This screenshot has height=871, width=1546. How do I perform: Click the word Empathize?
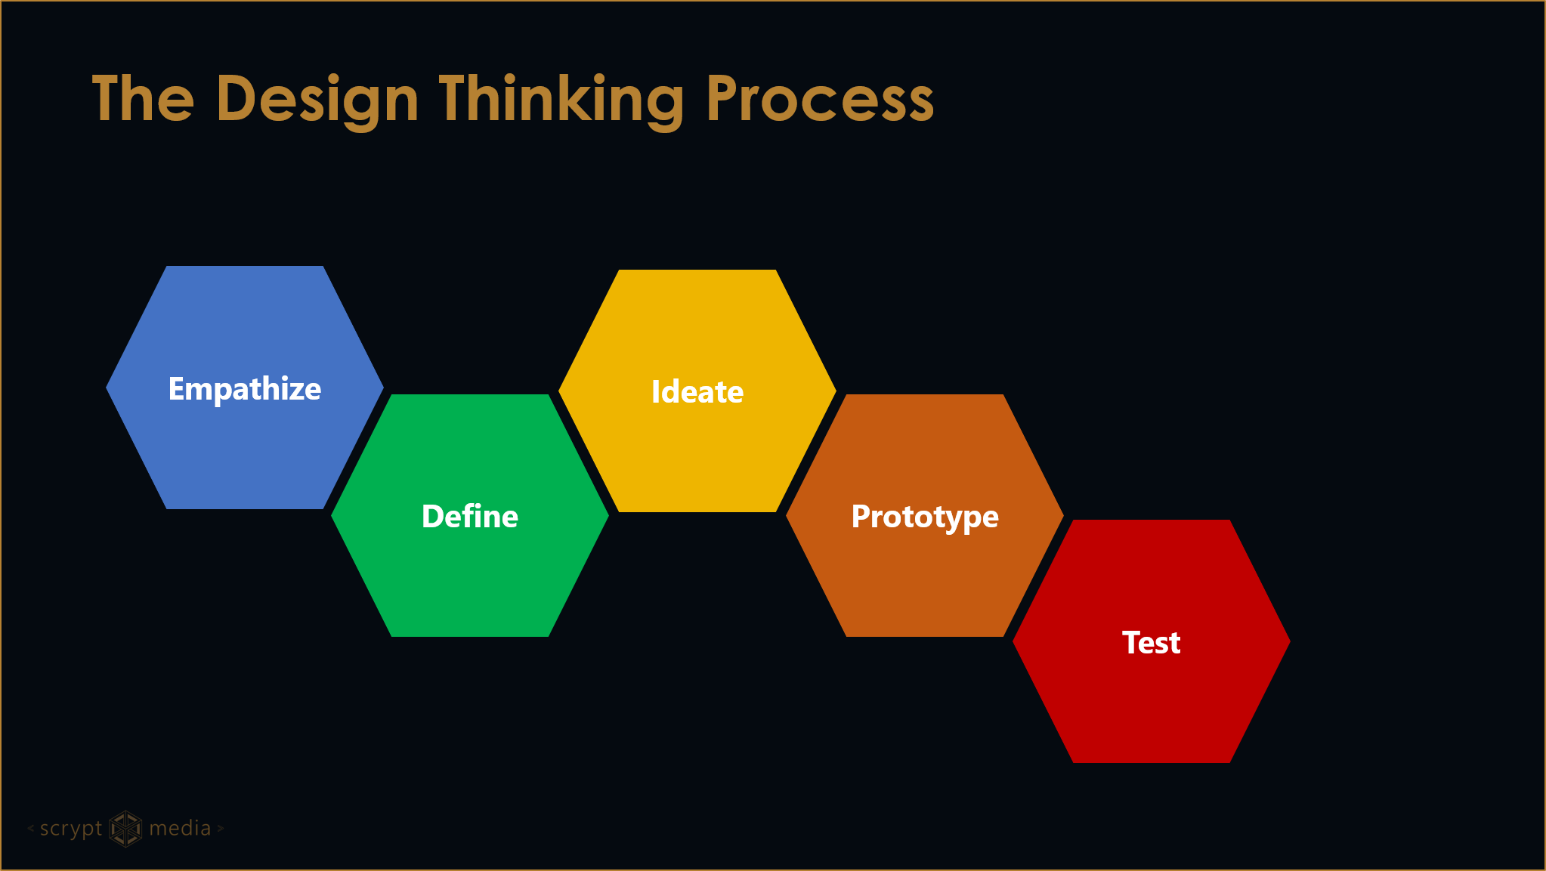[x=244, y=389]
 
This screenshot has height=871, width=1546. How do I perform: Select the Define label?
[x=470, y=517]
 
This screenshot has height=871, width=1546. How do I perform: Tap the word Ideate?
[x=697, y=392]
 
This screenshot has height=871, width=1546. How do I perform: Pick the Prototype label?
[x=925, y=517]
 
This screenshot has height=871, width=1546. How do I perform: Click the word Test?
[x=1151, y=643]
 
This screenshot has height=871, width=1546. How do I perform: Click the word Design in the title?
[x=317, y=99]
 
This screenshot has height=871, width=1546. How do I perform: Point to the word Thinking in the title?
[x=561, y=99]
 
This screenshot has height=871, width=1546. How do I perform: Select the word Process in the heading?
[x=820, y=99]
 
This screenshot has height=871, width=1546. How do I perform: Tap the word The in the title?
[x=143, y=99]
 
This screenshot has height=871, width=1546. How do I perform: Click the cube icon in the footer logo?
[x=125, y=829]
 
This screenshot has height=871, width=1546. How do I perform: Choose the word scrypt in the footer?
[x=70, y=829]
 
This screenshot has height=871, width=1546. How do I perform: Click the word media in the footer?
[x=180, y=829]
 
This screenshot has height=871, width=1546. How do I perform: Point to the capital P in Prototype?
[x=861, y=516]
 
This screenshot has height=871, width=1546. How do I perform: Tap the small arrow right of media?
[x=221, y=829]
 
